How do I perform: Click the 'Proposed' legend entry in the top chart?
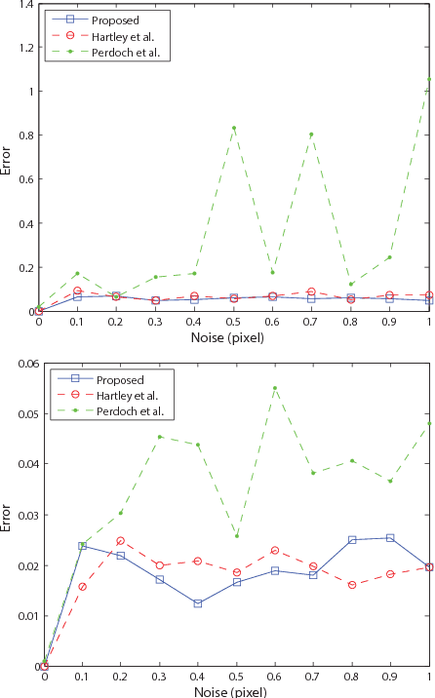click(107, 19)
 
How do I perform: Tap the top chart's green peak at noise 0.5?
click(234, 128)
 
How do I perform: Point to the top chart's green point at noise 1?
click(429, 79)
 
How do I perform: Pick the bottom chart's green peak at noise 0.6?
click(274, 388)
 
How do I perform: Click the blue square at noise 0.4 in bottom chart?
click(198, 603)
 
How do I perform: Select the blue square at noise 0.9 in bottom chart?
click(390, 538)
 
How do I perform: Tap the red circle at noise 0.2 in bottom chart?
click(121, 541)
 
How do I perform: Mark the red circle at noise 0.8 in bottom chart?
click(351, 585)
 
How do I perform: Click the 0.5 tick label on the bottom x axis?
click(235, 677)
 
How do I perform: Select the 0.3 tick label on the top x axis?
click(156, 322)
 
